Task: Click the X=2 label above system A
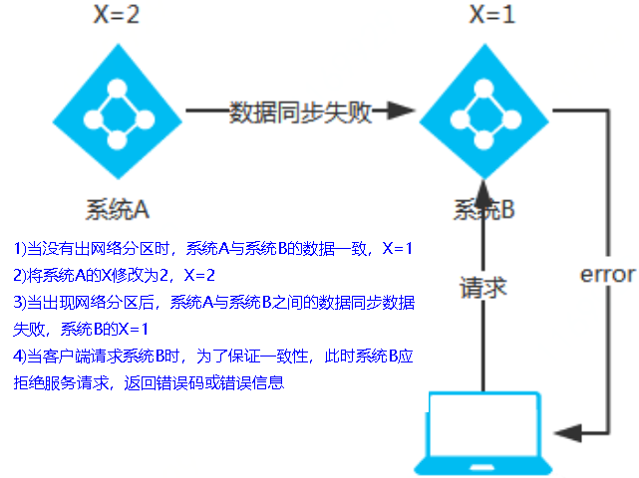point(117,16)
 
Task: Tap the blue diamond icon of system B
point(484,112)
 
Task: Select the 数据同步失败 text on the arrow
point(300,112)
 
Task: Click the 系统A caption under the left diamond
point(117,209)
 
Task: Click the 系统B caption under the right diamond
point(484,209)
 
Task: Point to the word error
point(606,274)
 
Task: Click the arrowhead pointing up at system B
point(483,188)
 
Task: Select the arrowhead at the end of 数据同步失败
point(398,112)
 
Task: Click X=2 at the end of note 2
point(199,274)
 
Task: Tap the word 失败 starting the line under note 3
point(28,328)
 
